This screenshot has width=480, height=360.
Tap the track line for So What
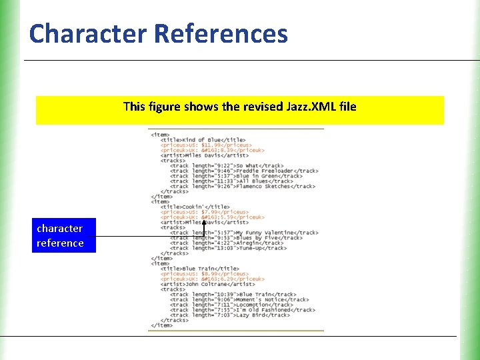(226, 166)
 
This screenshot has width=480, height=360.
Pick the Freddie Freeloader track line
(243, 171)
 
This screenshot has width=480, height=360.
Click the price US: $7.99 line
(204, 212)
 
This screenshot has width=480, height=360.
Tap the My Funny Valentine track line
(243, 233)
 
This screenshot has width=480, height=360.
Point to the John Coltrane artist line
(207, 284)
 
